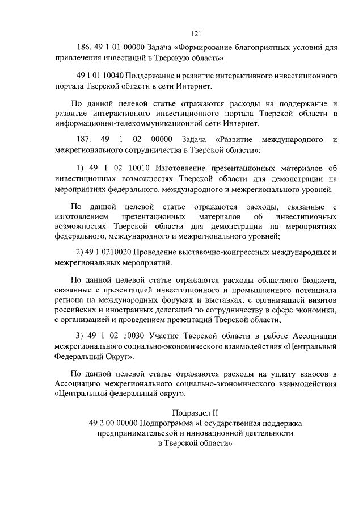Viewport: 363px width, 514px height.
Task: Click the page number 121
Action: (197, 33)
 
